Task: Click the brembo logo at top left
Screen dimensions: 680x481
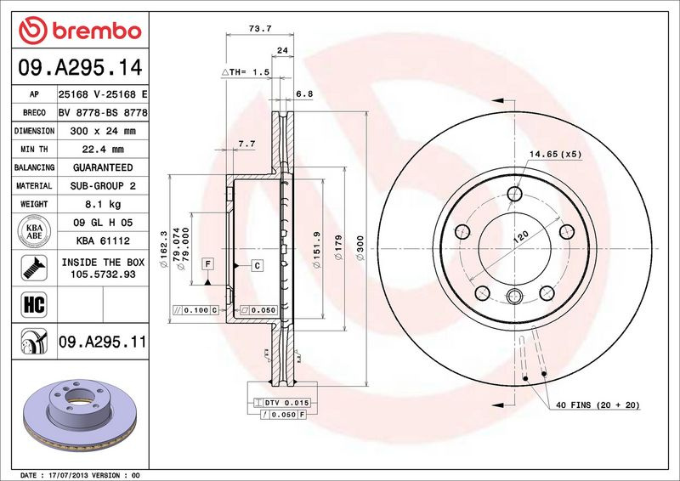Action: click(80, 31)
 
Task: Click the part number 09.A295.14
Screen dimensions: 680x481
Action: click(80, 68)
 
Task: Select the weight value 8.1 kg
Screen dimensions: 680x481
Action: click(103, 204)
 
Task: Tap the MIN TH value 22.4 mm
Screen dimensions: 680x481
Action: click(103, 150)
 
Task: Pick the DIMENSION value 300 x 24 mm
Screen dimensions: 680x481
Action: click(103, 131)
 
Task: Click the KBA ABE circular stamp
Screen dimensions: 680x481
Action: click(34, 231)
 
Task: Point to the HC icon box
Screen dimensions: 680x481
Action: click(34, 304)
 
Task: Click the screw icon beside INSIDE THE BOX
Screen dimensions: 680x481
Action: click(34, 268)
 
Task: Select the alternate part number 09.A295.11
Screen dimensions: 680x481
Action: click(103, 342)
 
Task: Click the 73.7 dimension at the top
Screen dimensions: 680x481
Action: click(260, 29)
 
